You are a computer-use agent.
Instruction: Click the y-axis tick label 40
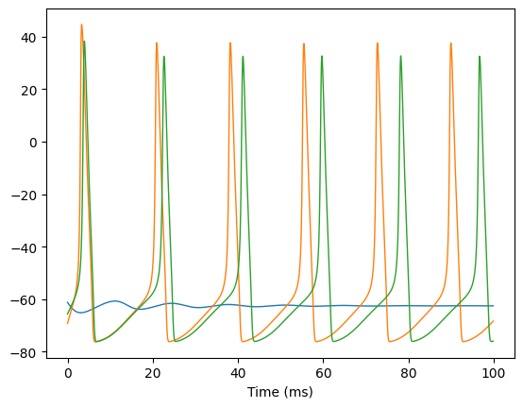pyautogui.click(x=28, y=38)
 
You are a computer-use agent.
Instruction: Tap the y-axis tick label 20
pyautogui.click(x=28, y=90)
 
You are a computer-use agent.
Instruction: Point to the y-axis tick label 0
pyautogui.click(x=33, y=143)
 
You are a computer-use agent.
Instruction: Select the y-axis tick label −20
pyautogui.click(x=24, y=195)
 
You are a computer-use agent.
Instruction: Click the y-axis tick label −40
pyautogui.click(x=24, y=247)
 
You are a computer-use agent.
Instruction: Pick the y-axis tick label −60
pyautogui.click(x=24, y=300)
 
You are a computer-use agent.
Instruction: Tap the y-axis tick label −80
pyautogui.click(x=24, y=353)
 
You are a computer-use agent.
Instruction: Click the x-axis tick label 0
pyautogui.click(x=68, y=373)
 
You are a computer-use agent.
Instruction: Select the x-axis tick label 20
pyautogui.click(x=153, y=373)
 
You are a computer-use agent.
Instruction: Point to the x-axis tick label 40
pyautogui.click(x=238, y=373)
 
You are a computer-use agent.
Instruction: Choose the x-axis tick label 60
pyautogui.click(x=323, y=373)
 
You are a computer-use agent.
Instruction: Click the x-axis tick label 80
pyautogui.click(x=409, y=373)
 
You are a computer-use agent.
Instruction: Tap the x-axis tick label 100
pyautogui.click(x=494, y=373)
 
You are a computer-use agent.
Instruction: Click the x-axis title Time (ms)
pyautogui.click(x=280, y=392)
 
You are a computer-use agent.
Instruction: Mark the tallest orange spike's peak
pyautogui.click(x=81, y=25)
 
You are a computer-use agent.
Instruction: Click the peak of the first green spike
pyautogui.click(x=84, y=41)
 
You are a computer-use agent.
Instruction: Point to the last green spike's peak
pyautogui.click(x=480, y=56)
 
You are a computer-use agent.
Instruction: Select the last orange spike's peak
pyautogui.click(x=451, y=43)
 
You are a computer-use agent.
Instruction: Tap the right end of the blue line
pyautogui.click(x=494, y=306)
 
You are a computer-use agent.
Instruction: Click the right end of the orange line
pyautogui.click(x=494, y=321)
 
